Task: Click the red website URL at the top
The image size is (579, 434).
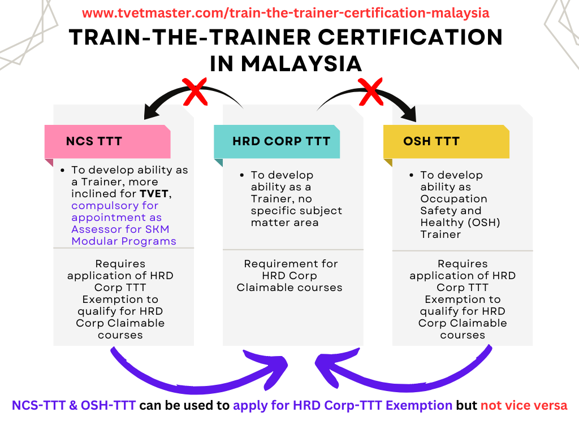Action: (x=286, y=13)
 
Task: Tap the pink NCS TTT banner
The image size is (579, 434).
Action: (x=107, y=141)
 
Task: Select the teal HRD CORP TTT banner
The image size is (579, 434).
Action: (x=277, y=141)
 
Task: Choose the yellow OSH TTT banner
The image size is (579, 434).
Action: (x=447, y=141)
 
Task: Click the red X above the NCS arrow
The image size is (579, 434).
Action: (x=195, y=92)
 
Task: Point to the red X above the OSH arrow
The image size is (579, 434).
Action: (x=371, y=92)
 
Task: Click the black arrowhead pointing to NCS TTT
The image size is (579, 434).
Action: (x=153, y=110)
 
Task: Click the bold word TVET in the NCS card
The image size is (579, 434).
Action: (x=154, y=194)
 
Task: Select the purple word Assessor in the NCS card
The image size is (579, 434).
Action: (x=97, y=229)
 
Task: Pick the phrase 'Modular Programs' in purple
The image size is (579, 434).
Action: (x=124, y=241)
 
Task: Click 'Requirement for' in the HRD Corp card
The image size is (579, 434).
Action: (x=291, y=264)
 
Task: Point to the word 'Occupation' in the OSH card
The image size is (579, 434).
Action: (x=454, y=199)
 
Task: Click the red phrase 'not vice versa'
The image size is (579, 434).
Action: (x=524, y=406)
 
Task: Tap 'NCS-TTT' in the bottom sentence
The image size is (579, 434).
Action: (x=39, y=406)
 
